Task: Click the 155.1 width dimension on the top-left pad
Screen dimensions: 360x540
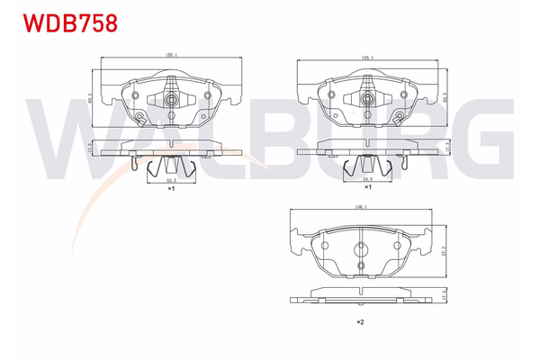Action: click(171, 56)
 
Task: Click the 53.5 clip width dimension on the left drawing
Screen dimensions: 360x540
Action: click(170, 181)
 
